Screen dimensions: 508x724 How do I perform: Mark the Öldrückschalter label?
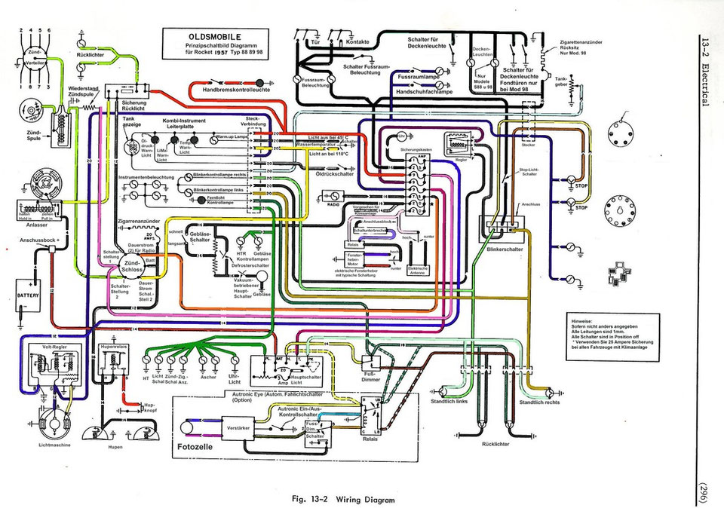coord(335,174)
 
